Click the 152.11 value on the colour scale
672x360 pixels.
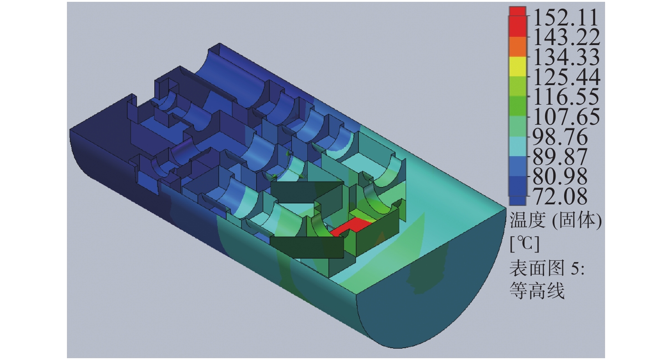coord(566,17)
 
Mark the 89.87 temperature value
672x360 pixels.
coord(560,157)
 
